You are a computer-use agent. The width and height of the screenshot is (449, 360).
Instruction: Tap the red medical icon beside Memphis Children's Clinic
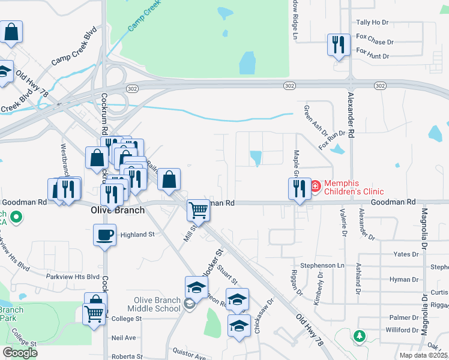click(316, 187)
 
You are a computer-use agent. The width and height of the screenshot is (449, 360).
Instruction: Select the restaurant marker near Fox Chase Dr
click(338, 44)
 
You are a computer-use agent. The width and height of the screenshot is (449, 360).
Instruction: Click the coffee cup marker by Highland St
click(105, 234)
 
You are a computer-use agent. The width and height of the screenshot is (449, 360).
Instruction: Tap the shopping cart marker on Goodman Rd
click(198, 210)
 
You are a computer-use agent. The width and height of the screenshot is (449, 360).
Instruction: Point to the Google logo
click(20, 352)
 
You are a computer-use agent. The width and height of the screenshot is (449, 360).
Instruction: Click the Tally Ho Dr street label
click(372, 22)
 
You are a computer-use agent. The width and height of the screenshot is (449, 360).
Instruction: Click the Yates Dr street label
click(405, 254)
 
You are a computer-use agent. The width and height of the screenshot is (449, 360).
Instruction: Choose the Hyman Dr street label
click(403, 280)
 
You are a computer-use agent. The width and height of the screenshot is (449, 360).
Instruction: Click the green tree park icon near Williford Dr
click(360, 337)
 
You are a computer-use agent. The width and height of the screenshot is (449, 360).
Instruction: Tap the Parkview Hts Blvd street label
click(73, 277)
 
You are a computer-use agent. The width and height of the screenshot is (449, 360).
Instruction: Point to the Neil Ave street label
click(124, 338)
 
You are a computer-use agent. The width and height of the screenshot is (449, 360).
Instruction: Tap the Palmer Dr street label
click(403, 317)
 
